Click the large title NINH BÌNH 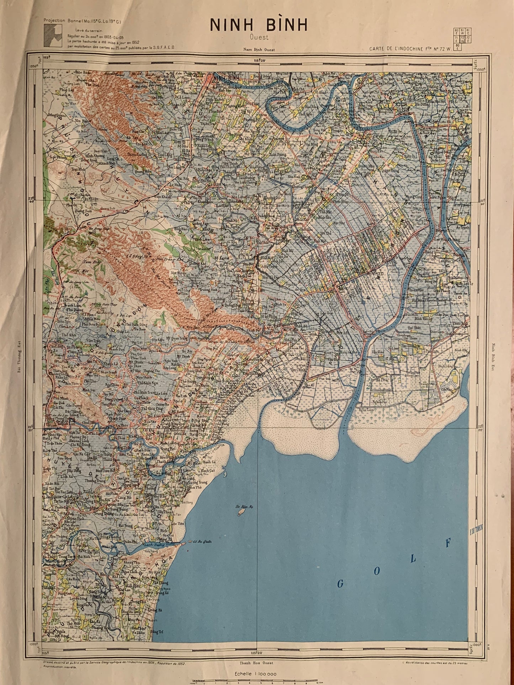[x=258, y=25]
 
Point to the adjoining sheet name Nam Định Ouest [x=259, y=50]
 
